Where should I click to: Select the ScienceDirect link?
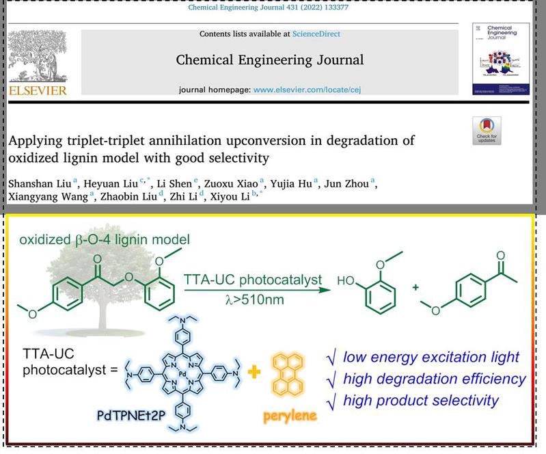point(316,34)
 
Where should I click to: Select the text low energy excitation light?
point(430,356)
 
